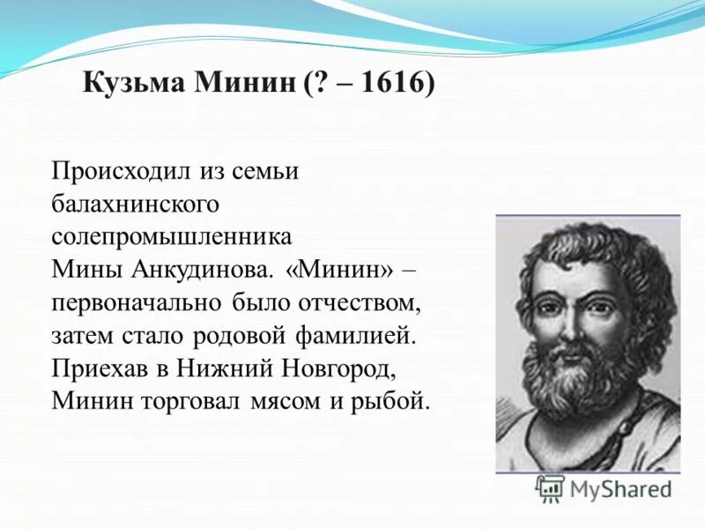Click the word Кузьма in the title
(132, 86)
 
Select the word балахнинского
(135, 204)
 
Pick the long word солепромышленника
(171, 236)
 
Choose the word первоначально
(138, 302)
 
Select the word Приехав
(97, 369)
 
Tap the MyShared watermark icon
(551, 488)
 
